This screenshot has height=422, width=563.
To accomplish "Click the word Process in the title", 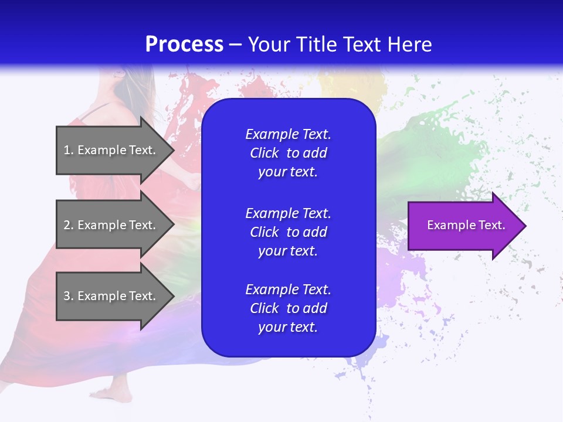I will click(x=184, y=45).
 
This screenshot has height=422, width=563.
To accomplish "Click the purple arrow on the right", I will click(x=463, y=226).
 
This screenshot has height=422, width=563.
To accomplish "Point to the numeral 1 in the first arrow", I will click(x=66, y=150).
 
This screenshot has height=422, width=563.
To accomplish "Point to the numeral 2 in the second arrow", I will click(x=67, y=225).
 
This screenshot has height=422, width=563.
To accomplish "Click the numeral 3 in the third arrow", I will click(x=67, y=296).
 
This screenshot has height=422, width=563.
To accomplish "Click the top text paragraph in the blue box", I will click(x=288, y=153).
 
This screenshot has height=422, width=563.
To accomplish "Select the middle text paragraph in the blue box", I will click(x=288, y=232).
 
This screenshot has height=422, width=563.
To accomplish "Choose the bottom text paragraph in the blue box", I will click(x=288, y=308).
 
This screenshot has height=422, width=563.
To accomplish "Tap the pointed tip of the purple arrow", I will click(x=524, y=226).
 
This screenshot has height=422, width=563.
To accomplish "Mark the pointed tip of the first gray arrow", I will click(x=172, y=150).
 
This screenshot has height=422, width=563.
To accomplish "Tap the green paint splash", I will click(x=428, y=147).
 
